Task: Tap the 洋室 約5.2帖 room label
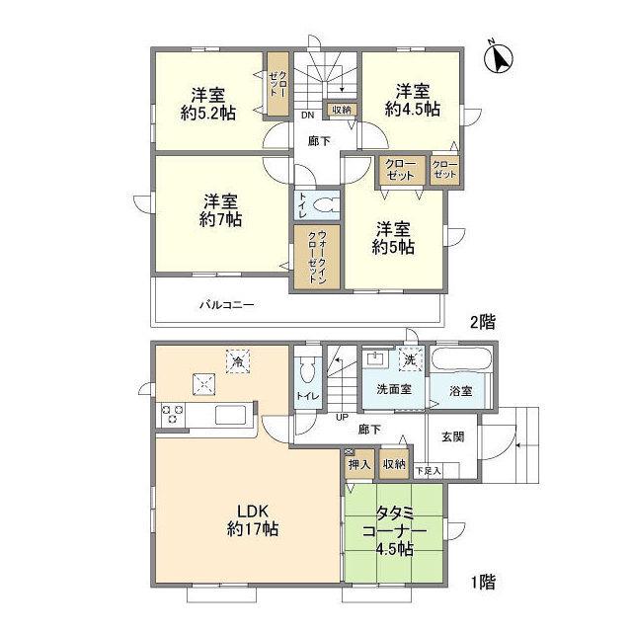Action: (x=207, y=104)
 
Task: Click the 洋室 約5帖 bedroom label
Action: (x=393, y=237)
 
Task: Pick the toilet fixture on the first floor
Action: (x=305, y=371)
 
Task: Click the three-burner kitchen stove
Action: (x=171, y=415)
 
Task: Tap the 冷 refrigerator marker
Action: (x=238, y=362)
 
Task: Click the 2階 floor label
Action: (x=481, y=320)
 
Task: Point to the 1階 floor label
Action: (x=483, y=583)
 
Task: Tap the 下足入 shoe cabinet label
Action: (x=428, y=472)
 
